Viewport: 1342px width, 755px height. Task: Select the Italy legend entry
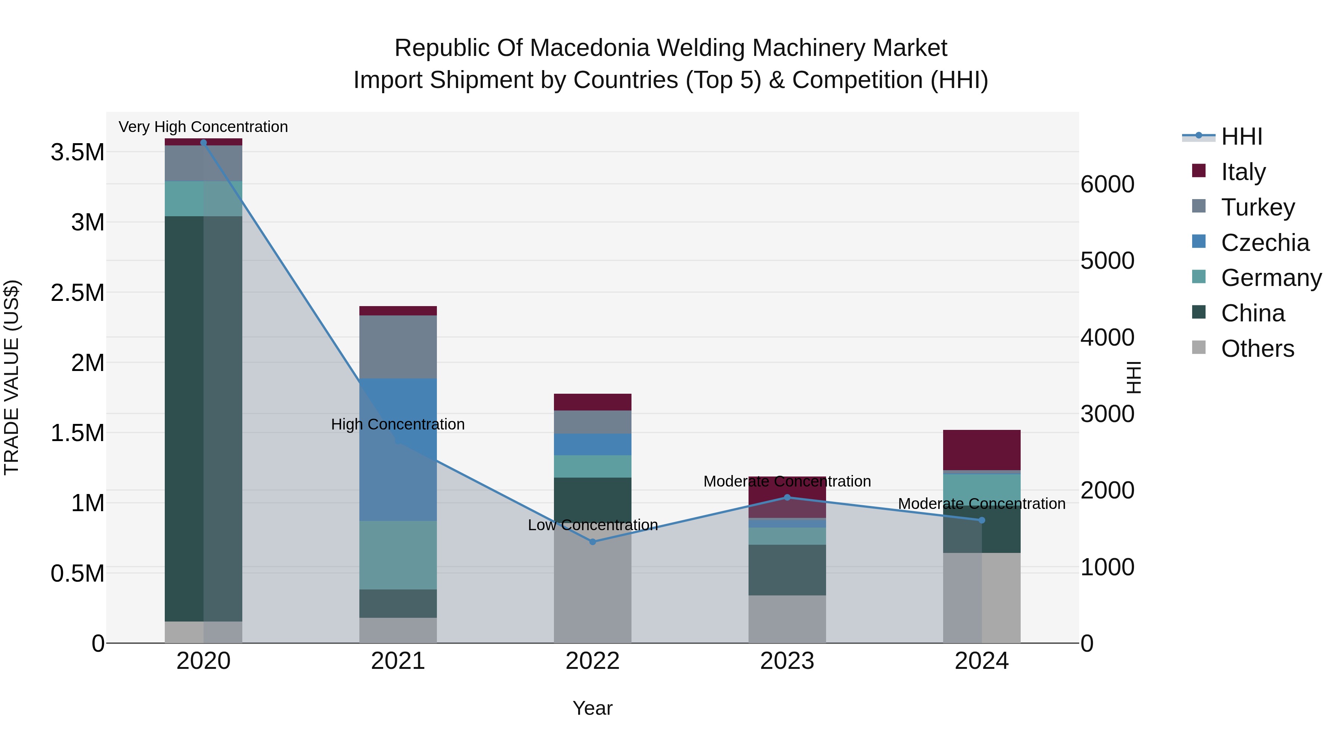1242,172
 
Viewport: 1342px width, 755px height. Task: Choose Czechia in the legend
1264,243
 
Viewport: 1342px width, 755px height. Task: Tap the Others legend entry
1257,349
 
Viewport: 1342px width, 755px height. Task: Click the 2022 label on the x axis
592,661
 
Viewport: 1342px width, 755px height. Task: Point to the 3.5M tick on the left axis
78,152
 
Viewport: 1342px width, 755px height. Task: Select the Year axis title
592,708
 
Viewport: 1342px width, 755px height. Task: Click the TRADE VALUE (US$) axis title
12,377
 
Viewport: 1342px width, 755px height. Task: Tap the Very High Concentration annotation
203,127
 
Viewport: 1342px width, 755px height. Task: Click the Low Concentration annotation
592,525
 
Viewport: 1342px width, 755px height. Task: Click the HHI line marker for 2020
203,143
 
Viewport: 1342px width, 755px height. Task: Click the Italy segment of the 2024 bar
982,450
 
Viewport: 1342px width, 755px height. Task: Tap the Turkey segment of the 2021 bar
398,346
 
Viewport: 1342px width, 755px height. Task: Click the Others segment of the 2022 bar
592,589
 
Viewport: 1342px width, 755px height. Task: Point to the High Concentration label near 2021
398,424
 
